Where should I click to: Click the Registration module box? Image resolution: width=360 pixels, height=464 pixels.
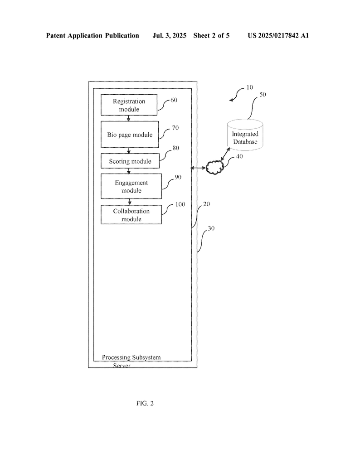click(129, 105)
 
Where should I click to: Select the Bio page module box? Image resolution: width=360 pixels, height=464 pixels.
click(130, 134)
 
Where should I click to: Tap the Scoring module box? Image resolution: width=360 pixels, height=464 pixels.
click(130, 161)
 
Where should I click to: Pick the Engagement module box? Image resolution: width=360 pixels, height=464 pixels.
click(131, 186)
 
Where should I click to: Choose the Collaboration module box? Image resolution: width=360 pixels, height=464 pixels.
click(131, 214)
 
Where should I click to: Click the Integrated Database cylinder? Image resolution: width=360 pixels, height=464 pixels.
click(245, 135)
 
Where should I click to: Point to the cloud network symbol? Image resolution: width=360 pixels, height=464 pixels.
click(215, 168)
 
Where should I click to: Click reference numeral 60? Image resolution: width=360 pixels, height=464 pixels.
click(174, 100)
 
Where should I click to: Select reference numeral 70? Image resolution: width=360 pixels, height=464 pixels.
click(175, 128)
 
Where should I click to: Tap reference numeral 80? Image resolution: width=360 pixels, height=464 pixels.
click(175, 148)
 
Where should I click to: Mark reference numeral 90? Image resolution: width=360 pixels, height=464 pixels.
click(178, 177)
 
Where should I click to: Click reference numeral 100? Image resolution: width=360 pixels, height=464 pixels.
click(180, 204)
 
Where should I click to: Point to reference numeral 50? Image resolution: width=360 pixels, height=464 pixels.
click(263, 94)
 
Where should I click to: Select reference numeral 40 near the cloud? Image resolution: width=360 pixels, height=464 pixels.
click(239, 156)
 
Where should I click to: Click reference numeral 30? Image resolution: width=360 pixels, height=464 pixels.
click(211, 228)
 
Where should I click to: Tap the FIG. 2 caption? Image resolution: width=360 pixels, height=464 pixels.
click(145, 403)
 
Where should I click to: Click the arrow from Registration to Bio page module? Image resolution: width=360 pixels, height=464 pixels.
click(128, 118)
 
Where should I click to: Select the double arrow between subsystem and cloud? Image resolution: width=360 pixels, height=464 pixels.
click(198, 168)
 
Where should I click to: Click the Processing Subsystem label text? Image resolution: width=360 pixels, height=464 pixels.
click(131, 357)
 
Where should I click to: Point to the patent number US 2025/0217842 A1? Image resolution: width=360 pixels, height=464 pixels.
click(278, 35)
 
